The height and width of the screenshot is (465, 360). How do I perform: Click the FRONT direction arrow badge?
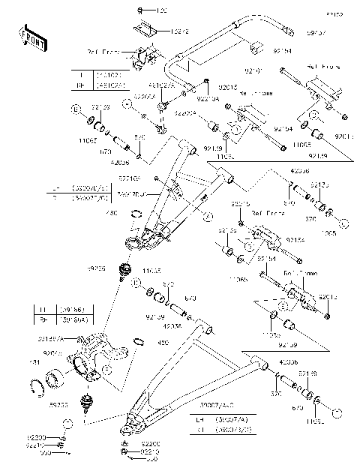click(29, 35)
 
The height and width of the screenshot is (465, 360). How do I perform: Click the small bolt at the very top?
click(141, 10)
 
